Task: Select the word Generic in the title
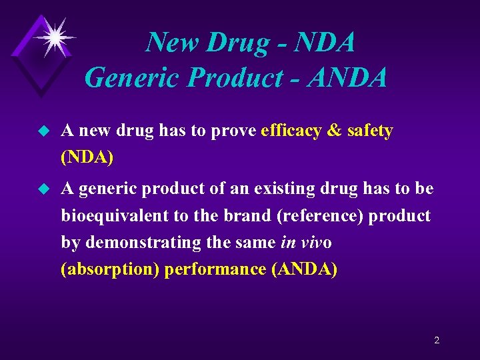(133, 79)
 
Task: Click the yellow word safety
(370, 131)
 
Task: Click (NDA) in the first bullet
(87, 158)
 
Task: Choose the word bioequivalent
(113, 216)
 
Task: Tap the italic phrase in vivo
(306, 243)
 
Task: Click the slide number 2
(437, 340)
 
